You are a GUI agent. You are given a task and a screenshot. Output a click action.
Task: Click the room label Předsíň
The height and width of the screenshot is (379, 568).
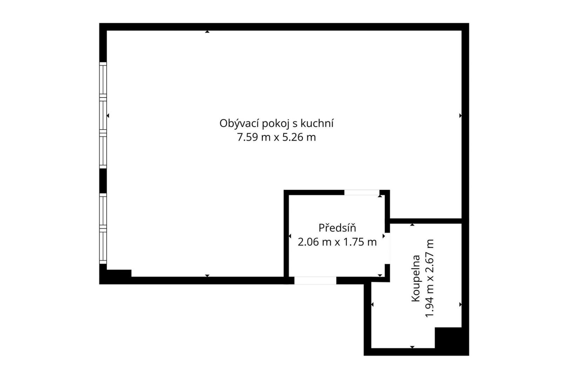click(x=337, y=228)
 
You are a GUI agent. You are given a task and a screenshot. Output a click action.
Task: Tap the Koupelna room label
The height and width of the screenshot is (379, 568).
click(x=416, y=279)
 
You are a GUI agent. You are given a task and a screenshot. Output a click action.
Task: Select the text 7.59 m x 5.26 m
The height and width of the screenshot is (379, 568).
click(x=276, y=137)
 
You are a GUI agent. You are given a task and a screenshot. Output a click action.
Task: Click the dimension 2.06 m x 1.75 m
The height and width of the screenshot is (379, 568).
click(x=337, y=242)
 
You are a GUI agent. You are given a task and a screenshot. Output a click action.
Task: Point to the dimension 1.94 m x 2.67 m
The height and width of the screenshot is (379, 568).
click(x=430, y=278)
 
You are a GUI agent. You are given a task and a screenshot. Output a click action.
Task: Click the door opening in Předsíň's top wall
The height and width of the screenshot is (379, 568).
click(x=361, y=192)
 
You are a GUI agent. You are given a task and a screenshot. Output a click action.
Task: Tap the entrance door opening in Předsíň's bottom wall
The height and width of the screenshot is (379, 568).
click(x=315, y=280)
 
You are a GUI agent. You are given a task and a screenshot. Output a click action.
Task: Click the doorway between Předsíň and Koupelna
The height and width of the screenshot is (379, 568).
click(x=387, y=248)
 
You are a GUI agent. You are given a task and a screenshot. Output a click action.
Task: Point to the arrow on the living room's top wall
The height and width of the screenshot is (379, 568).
click(x=207, y=32)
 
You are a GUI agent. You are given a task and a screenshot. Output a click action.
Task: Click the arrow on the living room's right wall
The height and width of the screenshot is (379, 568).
click(x=460, y=116)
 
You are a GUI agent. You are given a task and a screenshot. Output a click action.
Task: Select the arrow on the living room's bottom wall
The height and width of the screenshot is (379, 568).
click(x=207, y=276)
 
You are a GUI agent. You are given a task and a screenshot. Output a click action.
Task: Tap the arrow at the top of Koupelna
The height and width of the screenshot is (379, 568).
click(x=412, y=225)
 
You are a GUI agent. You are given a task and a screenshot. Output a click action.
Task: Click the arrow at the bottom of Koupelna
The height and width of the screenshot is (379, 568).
click(x=412, y=347)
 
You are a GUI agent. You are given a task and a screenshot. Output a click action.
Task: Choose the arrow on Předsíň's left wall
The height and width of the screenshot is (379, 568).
click(x=290, y=236)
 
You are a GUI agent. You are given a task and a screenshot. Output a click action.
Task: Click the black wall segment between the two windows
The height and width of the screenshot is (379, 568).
click(x=103, y=181)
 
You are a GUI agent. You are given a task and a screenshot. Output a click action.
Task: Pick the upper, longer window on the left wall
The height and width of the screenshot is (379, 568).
click(x=103, y=115)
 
